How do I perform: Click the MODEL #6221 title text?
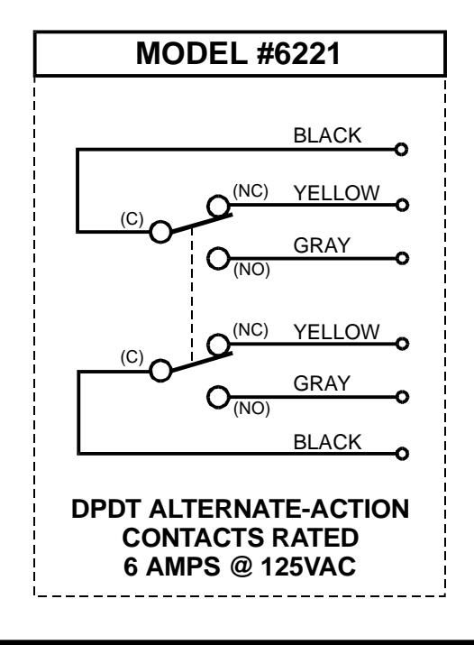[x=238, y=53]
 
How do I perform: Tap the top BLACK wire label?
[x=327, y=135]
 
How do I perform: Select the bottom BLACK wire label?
[x=327, y=442]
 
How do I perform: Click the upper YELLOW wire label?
[x=336, y=193]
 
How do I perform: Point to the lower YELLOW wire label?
[x=336, y=332]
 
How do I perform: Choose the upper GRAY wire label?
[x=322, y=245]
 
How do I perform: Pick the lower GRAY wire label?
[x=322, y=383]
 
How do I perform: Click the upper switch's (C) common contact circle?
[x=160, y=221]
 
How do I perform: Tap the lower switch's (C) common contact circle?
[x=160, y=360]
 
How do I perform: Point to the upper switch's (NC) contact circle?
[x=218, y=196]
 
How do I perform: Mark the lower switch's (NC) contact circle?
[x=218, y=335]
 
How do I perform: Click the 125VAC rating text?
[x=308, y=567]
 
